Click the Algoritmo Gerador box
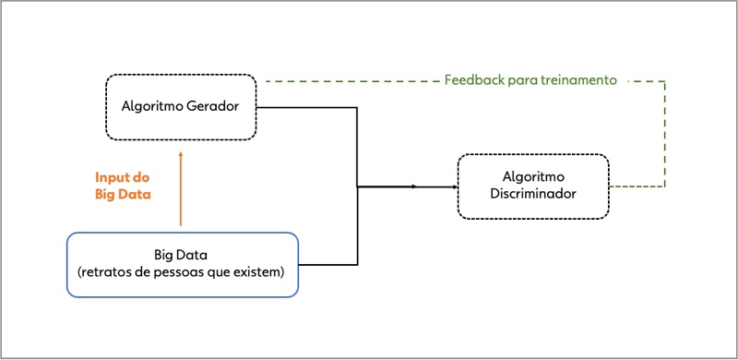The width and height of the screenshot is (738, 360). [x=181, y=106]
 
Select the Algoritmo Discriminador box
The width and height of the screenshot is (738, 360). [x=532, y=186]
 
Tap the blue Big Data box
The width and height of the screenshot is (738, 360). [x=183, y=264]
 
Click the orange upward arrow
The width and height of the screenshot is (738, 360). [x=181, y=189]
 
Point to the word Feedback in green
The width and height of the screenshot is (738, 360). [x=471, y=80]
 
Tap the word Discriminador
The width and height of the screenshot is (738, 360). [x=532, y=195]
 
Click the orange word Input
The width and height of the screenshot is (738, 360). [x=112, y=177]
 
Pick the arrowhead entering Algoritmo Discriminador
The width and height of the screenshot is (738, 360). [x=453, y=186]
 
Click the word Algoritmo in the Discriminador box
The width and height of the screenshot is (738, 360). [x=532, y=177]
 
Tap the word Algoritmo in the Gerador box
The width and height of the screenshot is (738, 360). [x=152, y=106]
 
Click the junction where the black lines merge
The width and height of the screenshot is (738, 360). [x=357, y=186]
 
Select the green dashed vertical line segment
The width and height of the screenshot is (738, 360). [x=664, y=134]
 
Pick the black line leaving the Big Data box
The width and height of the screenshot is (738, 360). [x=327, y=265]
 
